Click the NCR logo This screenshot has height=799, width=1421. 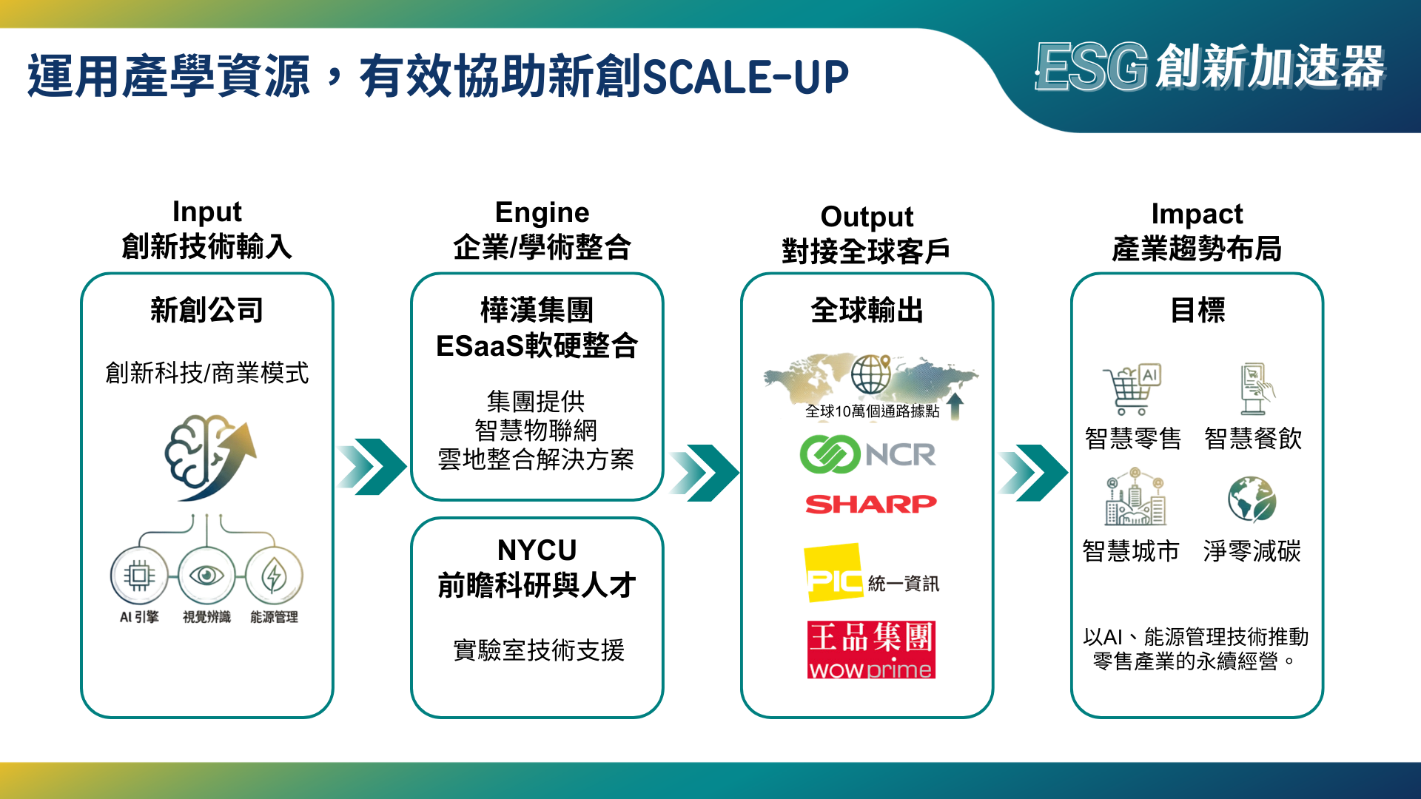pyautogui.click(x=867, y=454)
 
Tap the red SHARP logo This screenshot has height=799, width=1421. pyautogui.click(x=871, y=504)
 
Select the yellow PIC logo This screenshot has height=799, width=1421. pyautogui.click(x=834, y=573)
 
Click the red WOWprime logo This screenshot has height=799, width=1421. pyautogui.click(x=871, y=650)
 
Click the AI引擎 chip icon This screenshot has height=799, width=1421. pyautogui.click(x=139, y=575)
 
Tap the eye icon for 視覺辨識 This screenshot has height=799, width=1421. pyautogui.click(x=206, y=575)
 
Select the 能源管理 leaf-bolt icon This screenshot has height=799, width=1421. pyautogui.click(x=274, y=575)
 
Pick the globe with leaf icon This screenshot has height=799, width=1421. pyautogui.click(x=1252, y=499)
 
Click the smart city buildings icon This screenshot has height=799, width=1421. pyautogui.click(x=1135, y=496)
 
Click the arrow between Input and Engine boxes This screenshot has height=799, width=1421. pyautogui.click(x=372, y=466)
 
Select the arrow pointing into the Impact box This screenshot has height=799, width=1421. pyautogui.click(x=1032, y=472)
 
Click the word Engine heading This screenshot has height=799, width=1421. pyautogui.click(x=542, y=212)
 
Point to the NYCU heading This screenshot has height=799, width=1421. pyautogui.click(x=537, y=550)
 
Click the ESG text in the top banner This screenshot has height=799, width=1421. pyautogui.click(x=1091, y=67)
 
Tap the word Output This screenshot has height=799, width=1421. pyautogui.click(x=867, y=217)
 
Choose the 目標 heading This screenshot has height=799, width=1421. pyautogui.click(x=1197, y=310)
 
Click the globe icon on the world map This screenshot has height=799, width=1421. pyautogui.click(x=870, y=374)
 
